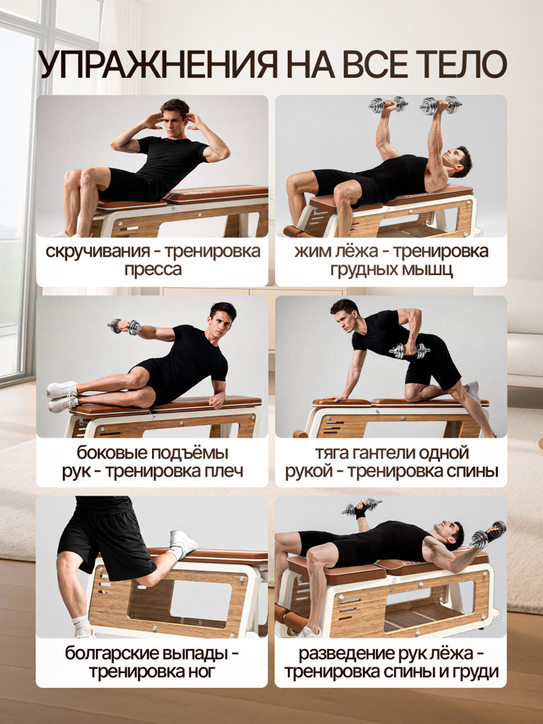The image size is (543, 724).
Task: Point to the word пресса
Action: [152, 269]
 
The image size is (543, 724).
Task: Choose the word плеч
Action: [224, 471]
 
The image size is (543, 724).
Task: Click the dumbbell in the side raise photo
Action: [124, 327]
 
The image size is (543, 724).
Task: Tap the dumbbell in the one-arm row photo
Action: [409, 350]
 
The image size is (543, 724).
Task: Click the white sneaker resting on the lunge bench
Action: [182, 543]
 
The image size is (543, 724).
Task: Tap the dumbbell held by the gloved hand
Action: [361, 506]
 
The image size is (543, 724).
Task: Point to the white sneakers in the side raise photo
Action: [62, 397]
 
